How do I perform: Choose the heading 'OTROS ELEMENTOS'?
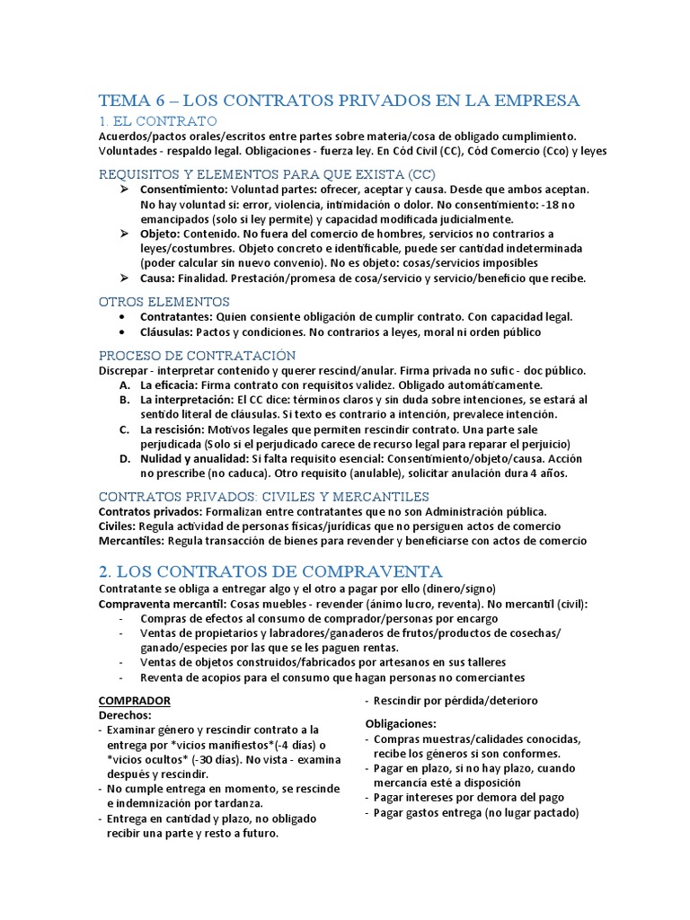click(164, 301)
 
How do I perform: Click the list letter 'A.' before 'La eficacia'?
click(125, 385)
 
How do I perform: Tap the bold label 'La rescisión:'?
click(178, 429)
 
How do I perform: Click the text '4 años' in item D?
click(547, 473)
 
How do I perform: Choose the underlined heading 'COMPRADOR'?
click(134, 700)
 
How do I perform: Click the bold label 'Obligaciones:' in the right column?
click(401, 723)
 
